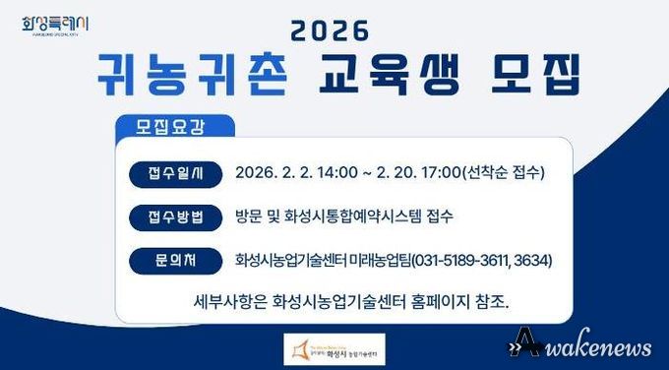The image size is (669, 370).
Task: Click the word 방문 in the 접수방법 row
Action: pos(249,216)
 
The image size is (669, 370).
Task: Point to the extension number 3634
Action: pos(533,261)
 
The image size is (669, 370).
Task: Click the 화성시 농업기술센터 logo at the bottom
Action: pos(334,345)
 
